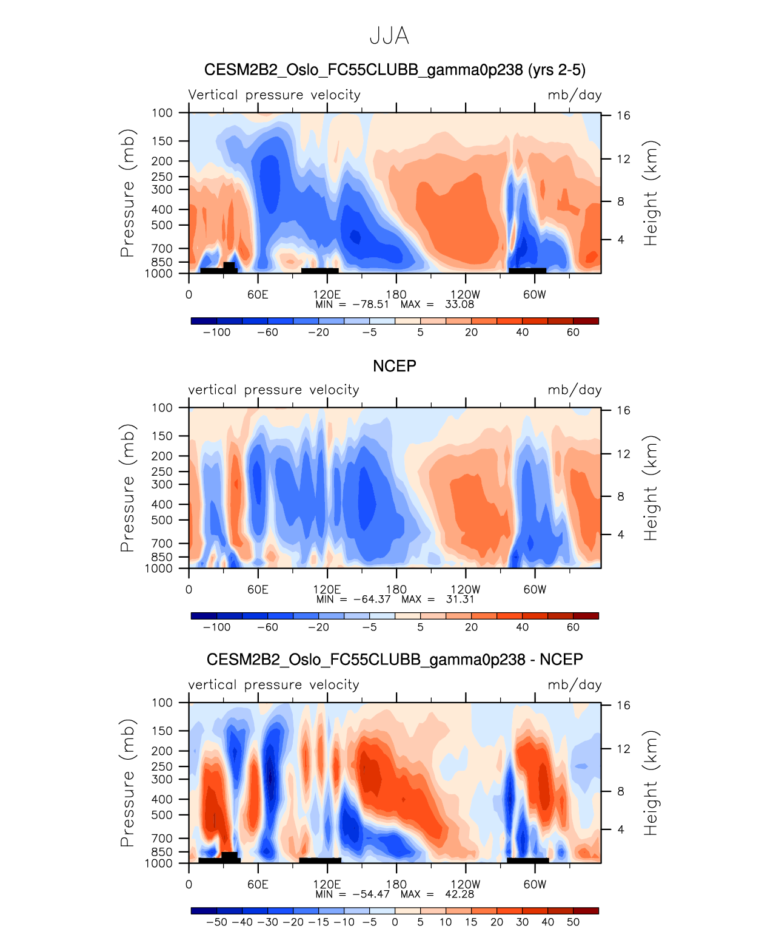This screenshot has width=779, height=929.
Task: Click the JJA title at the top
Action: click(x=389, y=36)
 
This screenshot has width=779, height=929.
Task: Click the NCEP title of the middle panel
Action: click(x=394, y=366)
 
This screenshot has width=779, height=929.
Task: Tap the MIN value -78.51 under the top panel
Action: click(x=370, y=304)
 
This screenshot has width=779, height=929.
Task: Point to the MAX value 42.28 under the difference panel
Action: click(x=460, y=894)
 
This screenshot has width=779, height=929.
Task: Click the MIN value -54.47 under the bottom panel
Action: click(x=370, y=894)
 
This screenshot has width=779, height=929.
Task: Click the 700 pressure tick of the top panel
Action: click(x=162, y=248)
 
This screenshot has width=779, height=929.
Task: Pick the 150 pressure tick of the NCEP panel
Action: click(x=162, y=436)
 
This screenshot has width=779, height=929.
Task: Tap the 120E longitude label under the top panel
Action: click(x=327, y=294)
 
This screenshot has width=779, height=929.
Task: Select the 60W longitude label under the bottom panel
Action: click(x=535, y=884)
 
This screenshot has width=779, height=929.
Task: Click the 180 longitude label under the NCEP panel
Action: click(x=396, y=589)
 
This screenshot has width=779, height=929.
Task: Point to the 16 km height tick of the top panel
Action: click(x=624, y=115)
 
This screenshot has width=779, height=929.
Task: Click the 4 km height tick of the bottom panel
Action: click(x=621, y=829)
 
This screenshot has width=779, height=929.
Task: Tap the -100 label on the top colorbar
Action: click(x=216, y=332)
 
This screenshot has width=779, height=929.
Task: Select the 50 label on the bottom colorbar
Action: click(x=573, y=922)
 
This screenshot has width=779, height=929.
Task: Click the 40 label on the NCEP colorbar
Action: click(x=522, y=627)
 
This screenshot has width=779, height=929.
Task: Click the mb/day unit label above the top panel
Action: click(x=574, y=95)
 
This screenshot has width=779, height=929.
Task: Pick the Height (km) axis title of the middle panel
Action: click(x=650, y=488)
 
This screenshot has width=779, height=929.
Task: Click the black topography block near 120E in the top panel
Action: click(x=319, y=271)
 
